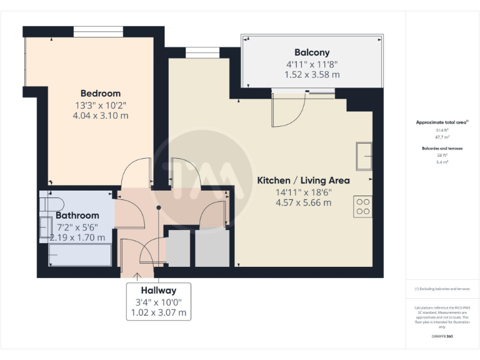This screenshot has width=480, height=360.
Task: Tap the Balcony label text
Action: pos(312,52)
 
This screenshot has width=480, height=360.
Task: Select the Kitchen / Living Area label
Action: pos(303,181)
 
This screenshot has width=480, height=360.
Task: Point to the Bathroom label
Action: pos(77,215)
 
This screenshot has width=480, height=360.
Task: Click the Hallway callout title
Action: pos(158,291)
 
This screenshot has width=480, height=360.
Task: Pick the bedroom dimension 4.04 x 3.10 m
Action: pos(100,116)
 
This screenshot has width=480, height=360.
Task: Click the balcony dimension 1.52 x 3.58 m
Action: pos(312,74)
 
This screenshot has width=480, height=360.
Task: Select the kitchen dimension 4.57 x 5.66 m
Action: pos(303,202)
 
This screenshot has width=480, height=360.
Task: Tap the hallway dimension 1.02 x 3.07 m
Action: pos(158,312)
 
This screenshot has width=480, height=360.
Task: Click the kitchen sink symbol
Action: pos(363,156)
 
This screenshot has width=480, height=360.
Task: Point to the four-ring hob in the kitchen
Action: pos(363,206)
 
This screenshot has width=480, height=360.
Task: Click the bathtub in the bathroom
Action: pos(80,255)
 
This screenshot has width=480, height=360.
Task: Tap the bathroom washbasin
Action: pos(45,228)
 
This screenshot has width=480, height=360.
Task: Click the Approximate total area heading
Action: pos(442,122)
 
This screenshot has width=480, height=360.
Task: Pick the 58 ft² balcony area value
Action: pos(442,155)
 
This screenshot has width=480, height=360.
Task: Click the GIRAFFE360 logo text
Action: pos(442,336)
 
